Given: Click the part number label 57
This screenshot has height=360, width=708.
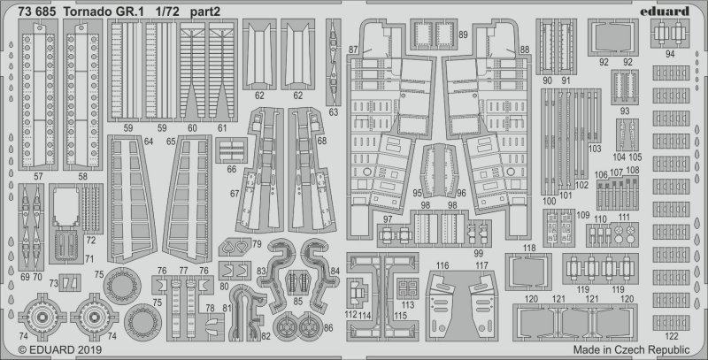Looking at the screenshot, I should [38, 177].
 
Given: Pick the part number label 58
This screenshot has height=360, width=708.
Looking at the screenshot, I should [82, 177].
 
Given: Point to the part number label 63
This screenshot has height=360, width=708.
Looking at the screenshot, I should [333, 112].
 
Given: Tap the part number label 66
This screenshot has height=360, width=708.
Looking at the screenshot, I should [231, 168].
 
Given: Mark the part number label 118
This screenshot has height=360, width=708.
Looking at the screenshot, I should [529, 248].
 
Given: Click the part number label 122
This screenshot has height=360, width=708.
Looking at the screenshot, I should [672, 336].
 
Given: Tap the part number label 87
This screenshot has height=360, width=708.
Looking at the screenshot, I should [353, 50].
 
